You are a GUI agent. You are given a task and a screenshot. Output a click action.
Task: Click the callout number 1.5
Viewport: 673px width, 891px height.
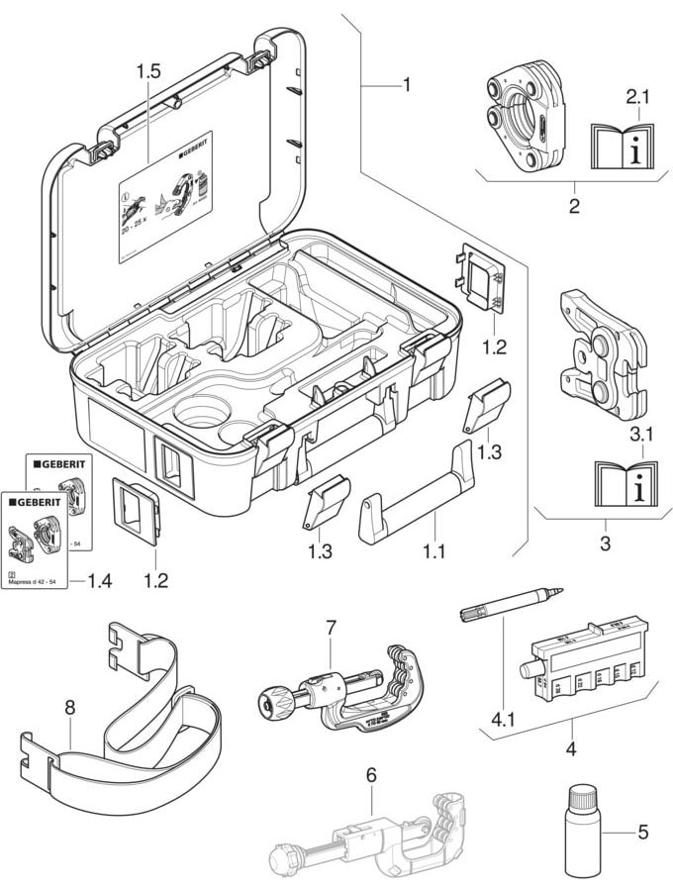pos(148,71)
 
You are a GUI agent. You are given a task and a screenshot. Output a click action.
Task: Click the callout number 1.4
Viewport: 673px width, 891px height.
pos(99,580)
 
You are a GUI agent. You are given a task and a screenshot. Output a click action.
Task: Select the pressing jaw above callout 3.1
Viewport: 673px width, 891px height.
pos(602,351)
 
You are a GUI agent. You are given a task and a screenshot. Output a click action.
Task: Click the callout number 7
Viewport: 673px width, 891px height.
pos(331,627)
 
